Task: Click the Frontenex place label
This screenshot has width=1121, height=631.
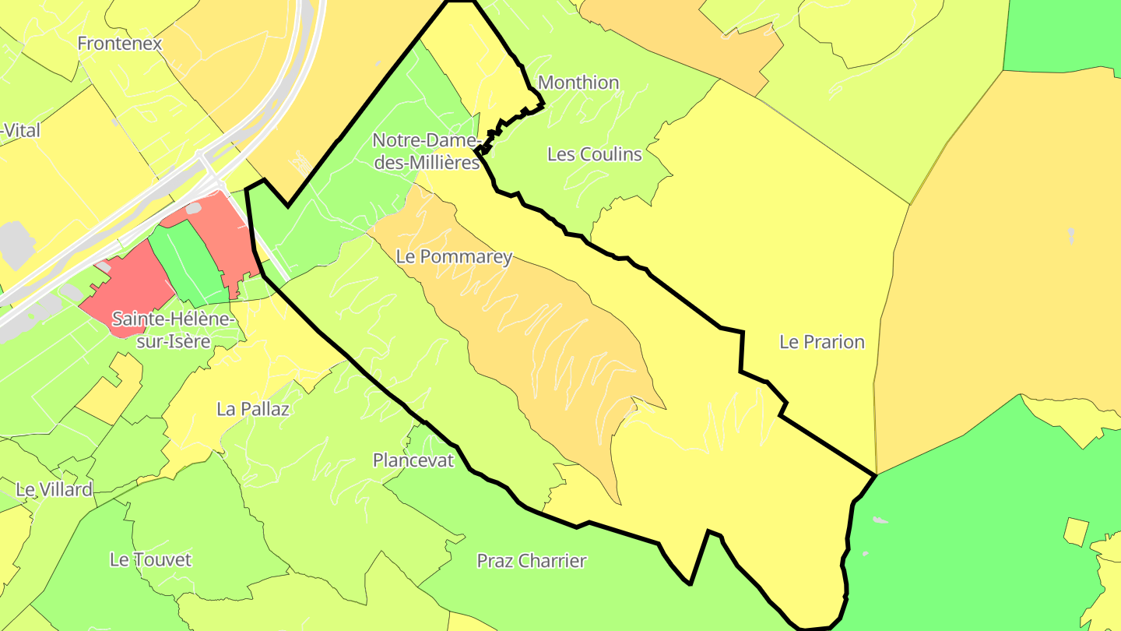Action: (x=120, y=44)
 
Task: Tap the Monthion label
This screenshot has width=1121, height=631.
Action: (x=578, y=83)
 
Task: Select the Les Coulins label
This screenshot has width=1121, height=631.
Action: (x=595, y=154)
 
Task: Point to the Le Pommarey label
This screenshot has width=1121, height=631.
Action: (x=454, y=257)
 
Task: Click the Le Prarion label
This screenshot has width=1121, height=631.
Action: (x=822, y=342)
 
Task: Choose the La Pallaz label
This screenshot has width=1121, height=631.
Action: (x=253, y=409)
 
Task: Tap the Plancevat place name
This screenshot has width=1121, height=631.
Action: (x=413, y=460)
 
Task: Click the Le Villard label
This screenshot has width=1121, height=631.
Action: (x=54, y=490)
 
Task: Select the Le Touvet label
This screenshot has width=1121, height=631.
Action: (x=150, y=559)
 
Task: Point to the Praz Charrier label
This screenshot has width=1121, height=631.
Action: (x=532, y=561)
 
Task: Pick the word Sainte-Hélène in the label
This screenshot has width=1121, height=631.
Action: (x=173, y=319)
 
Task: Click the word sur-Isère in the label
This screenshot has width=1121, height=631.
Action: (x=173, y=340)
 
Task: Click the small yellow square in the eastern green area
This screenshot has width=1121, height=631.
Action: (x=1075, y=531)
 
